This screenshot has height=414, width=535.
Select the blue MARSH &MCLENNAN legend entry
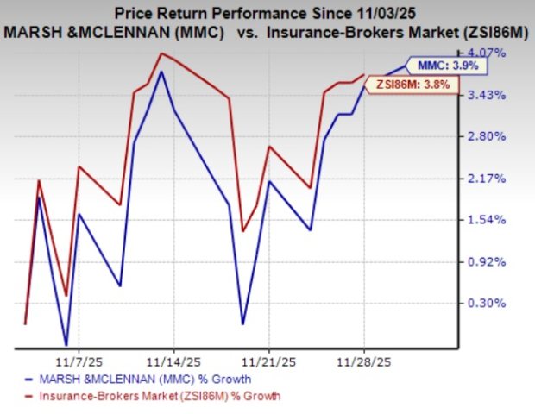(x=138, y=379)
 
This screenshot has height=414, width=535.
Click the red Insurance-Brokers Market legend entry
(x=151, y=396)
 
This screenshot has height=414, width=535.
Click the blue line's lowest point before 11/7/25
(x=66, y=345)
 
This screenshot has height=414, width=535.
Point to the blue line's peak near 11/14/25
(x=161, y=84)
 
